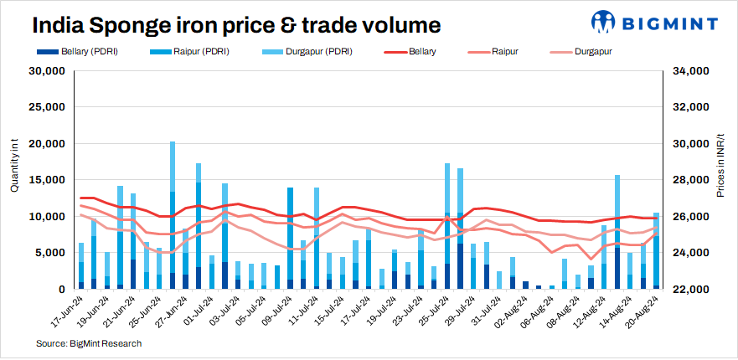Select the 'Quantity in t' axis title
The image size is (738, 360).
14,167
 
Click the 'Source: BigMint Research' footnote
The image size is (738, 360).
89,343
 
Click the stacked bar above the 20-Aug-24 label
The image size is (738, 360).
656,251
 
